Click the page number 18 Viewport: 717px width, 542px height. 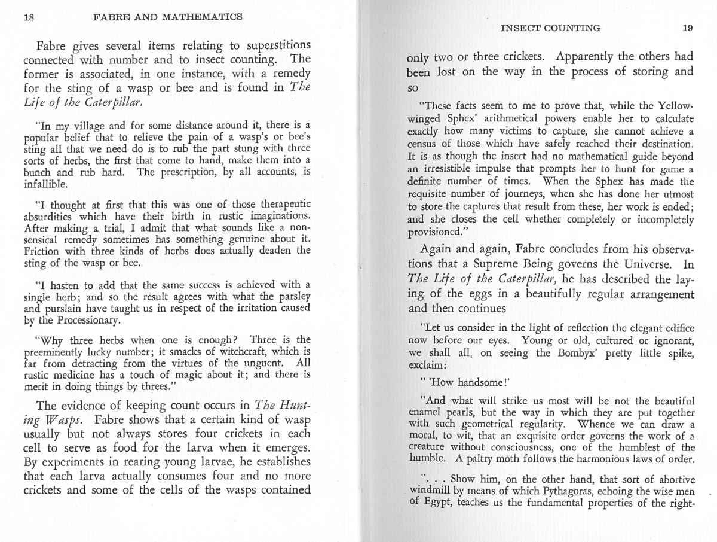(x=28, y=17)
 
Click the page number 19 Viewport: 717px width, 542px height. (x=687, y=28)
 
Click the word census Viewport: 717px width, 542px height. (x=422, y=145)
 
